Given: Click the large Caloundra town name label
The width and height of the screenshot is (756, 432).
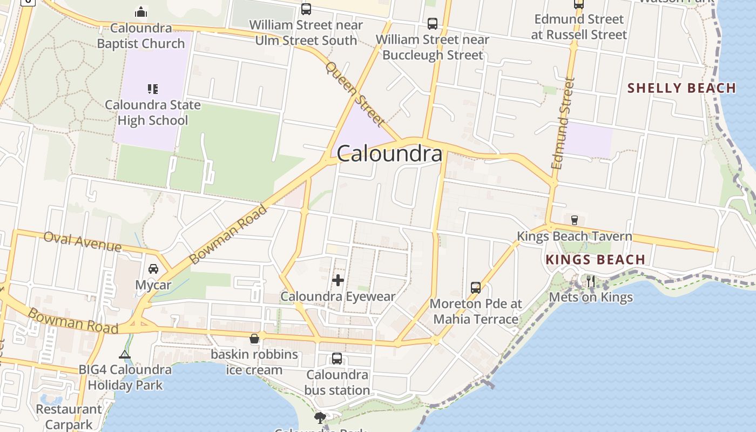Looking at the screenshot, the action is [389, 154].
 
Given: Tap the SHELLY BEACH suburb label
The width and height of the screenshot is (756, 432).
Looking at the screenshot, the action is [682, 88].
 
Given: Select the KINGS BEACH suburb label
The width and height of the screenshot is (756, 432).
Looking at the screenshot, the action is [595, 259].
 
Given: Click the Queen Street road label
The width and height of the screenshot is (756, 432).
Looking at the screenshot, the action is [354, 93].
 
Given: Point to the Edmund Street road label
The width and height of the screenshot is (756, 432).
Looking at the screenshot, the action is [563, 123].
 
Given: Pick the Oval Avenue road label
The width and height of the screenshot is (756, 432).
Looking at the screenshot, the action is [83, 241].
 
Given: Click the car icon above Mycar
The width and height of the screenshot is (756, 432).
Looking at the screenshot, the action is [153, 269].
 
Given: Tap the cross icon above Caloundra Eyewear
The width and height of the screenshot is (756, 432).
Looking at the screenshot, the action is [338, 280].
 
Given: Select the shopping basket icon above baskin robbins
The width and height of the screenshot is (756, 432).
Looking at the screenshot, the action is [254, 339].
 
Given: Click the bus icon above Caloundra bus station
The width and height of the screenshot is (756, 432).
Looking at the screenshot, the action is [337, 359].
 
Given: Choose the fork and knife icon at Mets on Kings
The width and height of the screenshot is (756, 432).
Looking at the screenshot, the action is [591, 281].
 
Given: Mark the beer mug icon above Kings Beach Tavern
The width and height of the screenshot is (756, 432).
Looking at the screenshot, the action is [575, 220].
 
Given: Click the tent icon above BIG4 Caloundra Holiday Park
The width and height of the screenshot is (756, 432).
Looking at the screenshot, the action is [125, 354].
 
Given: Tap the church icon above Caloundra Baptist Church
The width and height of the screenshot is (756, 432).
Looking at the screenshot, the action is [141, 12].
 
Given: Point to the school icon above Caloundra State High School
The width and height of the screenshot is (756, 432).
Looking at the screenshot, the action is [152, 89].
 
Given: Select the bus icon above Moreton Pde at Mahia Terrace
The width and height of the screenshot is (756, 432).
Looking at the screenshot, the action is [476, 287].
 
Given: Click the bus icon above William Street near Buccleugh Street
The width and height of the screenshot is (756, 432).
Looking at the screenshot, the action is [433, 24].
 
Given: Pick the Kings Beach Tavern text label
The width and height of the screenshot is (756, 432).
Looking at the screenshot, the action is [575, 236].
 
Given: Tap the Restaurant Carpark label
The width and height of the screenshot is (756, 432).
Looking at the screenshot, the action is [69, 417].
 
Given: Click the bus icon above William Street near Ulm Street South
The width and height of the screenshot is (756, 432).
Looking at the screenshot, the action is [306, 9].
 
